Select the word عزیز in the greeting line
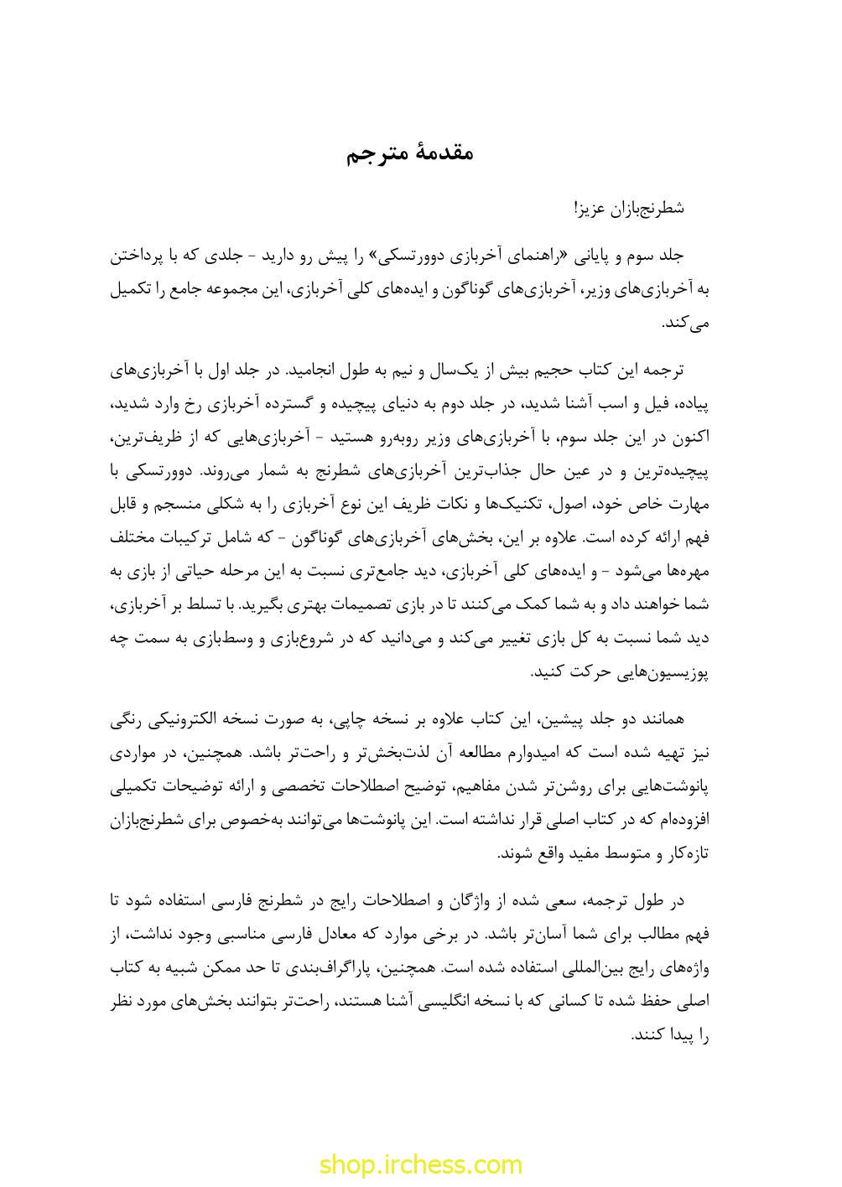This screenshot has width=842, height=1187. pyautogui.click(x=589, y=208)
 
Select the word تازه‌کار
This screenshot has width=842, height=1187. pyautogui.click(x=688, y=853)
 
